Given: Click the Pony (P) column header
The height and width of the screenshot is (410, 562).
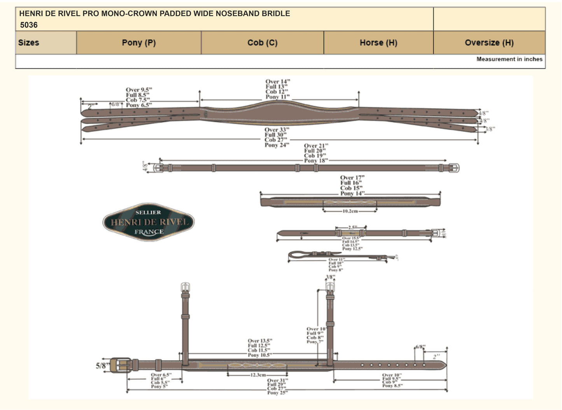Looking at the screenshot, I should click(x=139, y=43).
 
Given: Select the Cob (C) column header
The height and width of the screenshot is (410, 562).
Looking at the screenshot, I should click(x=263, y=43).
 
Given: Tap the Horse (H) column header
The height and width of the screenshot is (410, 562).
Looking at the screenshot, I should click(x=378, y=43).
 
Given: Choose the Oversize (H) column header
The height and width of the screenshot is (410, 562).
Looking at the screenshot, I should click(x=489, y=43).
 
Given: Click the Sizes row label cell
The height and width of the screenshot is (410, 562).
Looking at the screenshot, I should click(x=29, y=43).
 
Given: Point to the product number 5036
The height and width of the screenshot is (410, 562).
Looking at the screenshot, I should click(x=29, y=25).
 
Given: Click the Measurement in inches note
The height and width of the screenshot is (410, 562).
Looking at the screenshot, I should click(x=509, y=59).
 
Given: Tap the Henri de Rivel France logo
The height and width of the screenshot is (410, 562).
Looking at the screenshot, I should click(x=148, y=222).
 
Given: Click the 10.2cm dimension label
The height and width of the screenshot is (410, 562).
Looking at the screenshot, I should click(x=350, y=211).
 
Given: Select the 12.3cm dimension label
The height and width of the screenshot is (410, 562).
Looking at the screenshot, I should click(x=258, y=375).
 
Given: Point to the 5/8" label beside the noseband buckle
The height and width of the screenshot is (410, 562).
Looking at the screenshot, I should click(x=102, y=366).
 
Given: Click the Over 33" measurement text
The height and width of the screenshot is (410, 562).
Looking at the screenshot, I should click(x=277, y=130).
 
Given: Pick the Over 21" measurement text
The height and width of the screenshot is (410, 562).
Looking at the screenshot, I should click(x=316, y=146).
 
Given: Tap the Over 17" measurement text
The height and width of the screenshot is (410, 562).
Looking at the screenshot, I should click(x=352, y=178).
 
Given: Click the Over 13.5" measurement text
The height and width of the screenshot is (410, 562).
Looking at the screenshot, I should click(x=260, y=341).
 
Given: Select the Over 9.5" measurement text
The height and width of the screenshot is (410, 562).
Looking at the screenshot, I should click(x=139, y=90).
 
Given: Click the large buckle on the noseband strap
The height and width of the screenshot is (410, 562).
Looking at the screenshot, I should click(x=120, y=365).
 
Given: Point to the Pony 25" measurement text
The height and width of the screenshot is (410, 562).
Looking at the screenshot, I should click(x=277, y=393).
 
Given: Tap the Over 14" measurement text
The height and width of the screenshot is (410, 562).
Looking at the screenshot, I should click(x=278, y=82).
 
